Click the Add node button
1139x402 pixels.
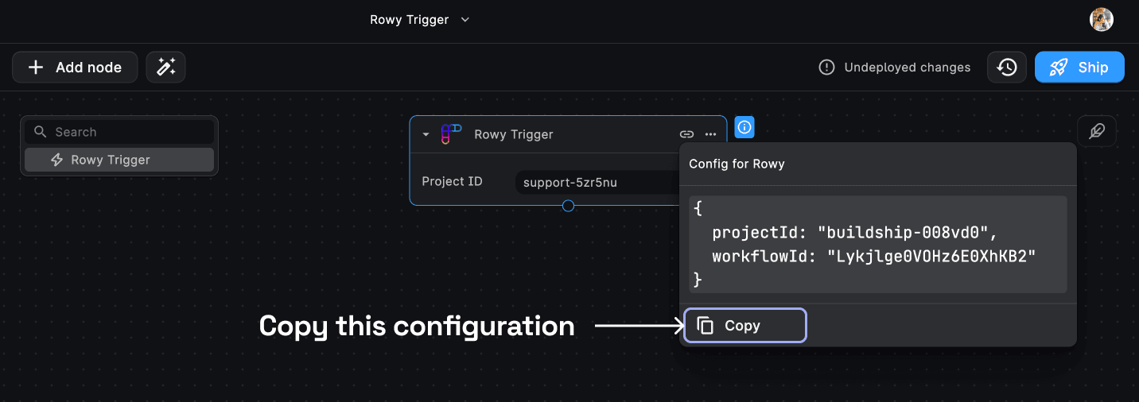(x=75, y=67)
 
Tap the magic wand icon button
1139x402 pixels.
(x=165, y=67)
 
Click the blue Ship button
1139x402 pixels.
(x=1079, y=67)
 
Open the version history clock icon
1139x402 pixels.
(x=1007, y=67)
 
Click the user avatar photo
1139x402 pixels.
(x=1102, y=20)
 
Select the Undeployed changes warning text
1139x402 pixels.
(x=907, y=68)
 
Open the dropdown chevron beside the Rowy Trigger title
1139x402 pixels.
(x=465, y=20)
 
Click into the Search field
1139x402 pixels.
(x=119, y=132)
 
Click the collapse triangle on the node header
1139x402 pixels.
(x=426, y=134)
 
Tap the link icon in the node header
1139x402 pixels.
(x=686, y=134)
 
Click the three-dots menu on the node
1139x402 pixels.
(x=710, y=134)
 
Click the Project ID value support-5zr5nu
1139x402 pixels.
(x=570, y=183)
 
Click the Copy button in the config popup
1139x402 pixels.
(x=745, y=326)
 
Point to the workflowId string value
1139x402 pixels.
(x=931, y=257)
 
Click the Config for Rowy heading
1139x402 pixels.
(x=737, y=164)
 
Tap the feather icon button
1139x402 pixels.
(x=1097, y=131)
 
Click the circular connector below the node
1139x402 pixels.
(x=568, y=206)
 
